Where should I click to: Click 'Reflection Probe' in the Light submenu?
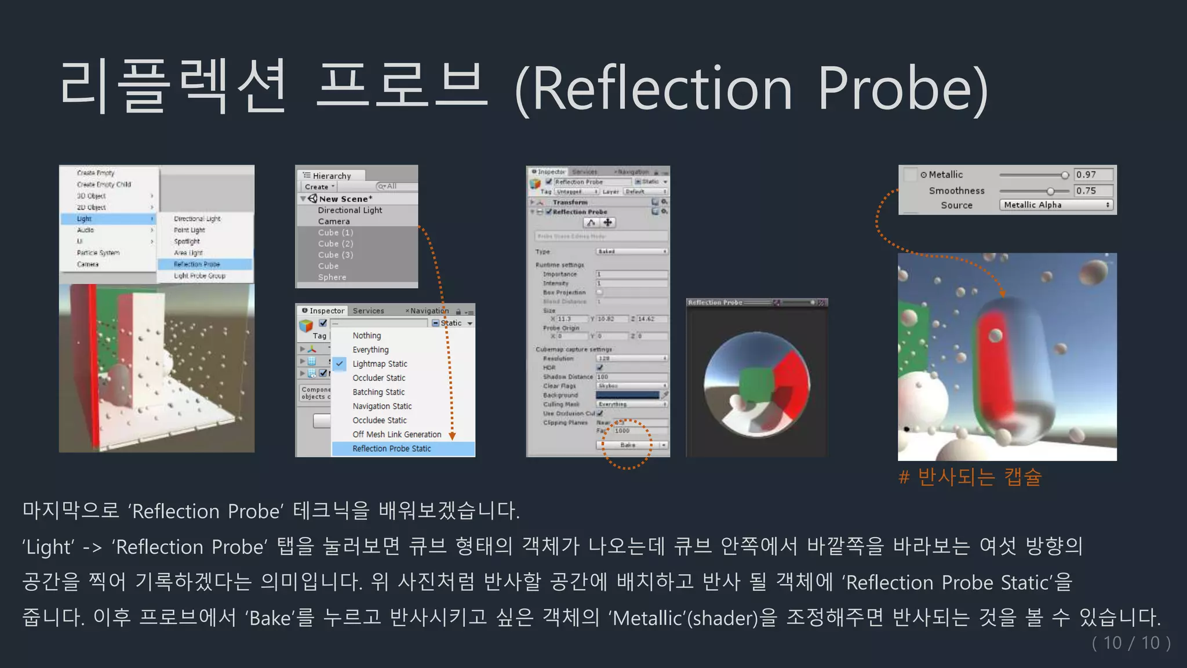(197, 264)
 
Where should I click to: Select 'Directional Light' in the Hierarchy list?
(349, 210)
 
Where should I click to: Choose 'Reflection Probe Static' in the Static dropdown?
(392, 449)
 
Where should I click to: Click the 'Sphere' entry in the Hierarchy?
(332, 277)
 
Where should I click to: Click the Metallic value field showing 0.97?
(1093, 175)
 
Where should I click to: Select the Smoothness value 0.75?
(1093, 191)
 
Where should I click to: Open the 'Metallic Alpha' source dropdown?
(1056, 205)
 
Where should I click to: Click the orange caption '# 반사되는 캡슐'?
(970, 477)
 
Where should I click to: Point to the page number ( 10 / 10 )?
(1131, 643)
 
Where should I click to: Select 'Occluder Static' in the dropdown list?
(379, 378)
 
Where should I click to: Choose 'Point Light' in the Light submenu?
(190, 230)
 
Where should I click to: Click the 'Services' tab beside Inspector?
(369, 311)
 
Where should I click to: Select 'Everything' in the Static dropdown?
(371, 350)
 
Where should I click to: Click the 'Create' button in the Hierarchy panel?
(319, 187)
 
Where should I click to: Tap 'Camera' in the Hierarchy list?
(334, 222)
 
